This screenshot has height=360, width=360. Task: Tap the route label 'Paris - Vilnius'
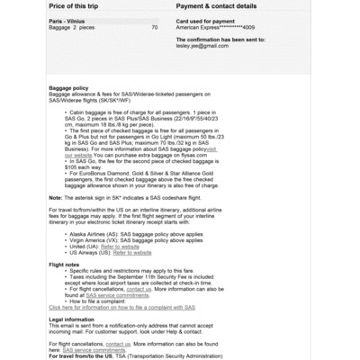[x=68, y=21]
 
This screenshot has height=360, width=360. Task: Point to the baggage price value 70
[x=155, y=28]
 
